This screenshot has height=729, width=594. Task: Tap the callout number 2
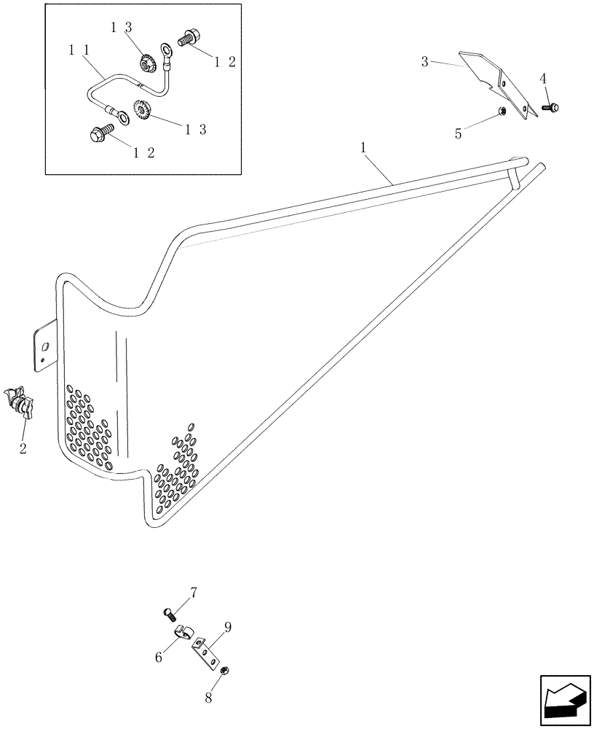pyautogui.click(x=23, y=448)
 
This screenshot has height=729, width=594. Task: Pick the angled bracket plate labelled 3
pyautogui.click(x=500, y=80)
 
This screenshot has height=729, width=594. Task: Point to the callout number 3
pyautogui.click(x=424, y=61)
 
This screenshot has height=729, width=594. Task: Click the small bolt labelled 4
pyautogui.click(x=551, y=108)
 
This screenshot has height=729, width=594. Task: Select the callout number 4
pyautogui.click(x=542, y=78)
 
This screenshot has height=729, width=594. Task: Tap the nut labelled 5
pyautogui.click(x=502, y=112)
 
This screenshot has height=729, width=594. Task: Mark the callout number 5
pyautogui.click(x=458, y=134)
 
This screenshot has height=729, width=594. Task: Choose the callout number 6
pyautogui.click(x=159, y=657)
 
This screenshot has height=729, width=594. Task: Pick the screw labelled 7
pyautogui.click(x=172, y=614)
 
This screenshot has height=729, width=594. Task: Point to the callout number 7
pyautogui.click(x=193, y=592)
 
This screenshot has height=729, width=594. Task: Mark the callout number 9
pyautogui.click(x=228, y=626)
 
